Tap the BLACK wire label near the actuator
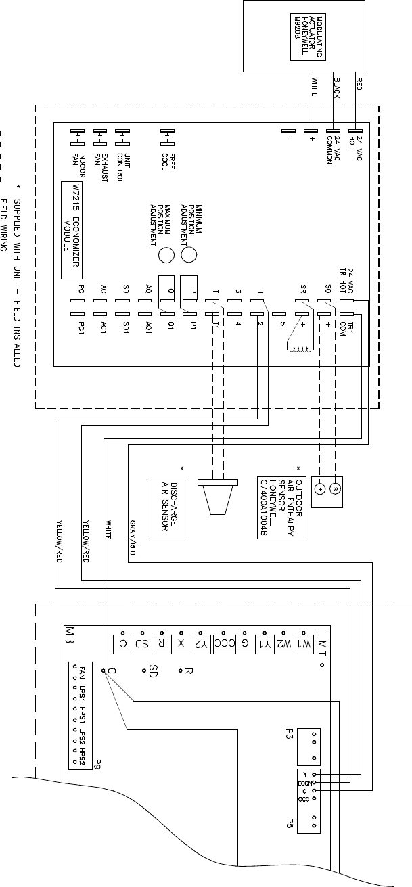tap(336, 89)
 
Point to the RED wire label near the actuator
tap(359, 84)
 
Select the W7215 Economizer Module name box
tap(72, 230)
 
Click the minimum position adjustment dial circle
tap(190, 254)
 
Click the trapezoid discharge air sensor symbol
tap(217, 497)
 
